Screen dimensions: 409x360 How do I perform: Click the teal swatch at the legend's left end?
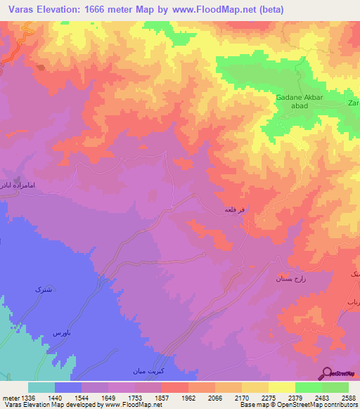[41, 387]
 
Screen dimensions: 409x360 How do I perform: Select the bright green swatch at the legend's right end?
[335, 387]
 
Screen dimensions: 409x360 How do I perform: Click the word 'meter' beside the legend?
[10, 397]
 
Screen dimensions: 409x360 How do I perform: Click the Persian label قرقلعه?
[234, 209]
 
